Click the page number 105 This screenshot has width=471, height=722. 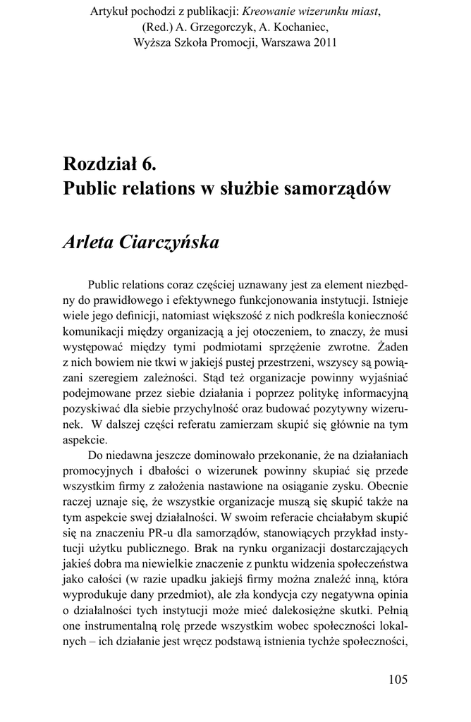pos(398,680)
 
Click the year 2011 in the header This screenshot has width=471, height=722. pos(325,42)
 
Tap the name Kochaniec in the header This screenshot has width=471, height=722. pos(301,27)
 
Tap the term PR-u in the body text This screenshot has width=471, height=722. pos(190,532)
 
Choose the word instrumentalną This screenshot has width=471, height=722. pos(130,625)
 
